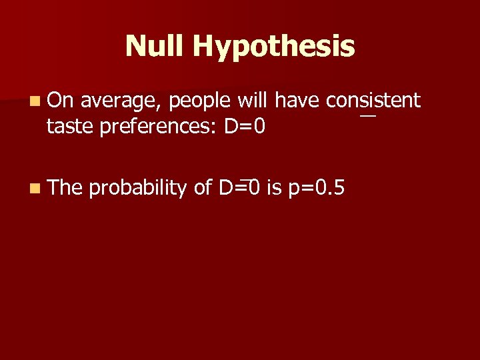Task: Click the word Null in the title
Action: coord(155,46)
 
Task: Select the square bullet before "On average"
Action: coord(34,102)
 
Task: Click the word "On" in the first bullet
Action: coord(61,101)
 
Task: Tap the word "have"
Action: coord(298,101)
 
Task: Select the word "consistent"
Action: coord(373,101)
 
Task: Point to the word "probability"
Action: coord(138,189)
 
